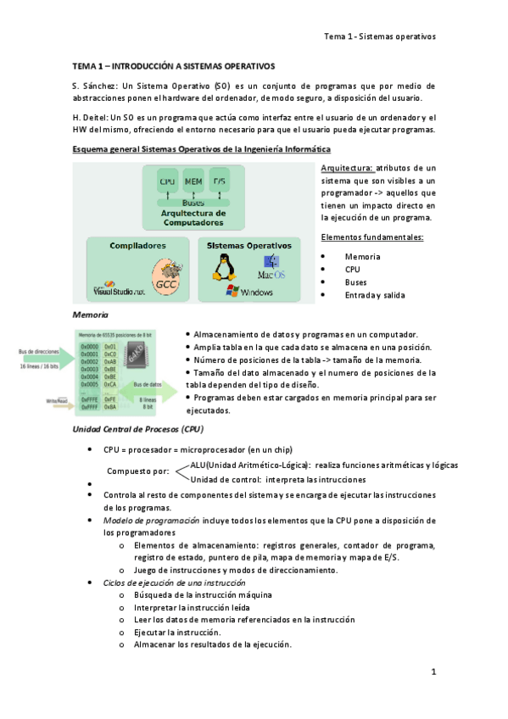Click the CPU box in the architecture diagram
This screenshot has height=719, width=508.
coord(167,182)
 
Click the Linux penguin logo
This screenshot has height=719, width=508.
coord(224,270)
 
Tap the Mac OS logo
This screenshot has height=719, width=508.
coord(271,267)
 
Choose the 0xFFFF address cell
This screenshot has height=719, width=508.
coord(89,407)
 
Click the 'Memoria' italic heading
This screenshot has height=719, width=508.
coord(90,315)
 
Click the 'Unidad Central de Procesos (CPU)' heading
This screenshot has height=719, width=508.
coord(137,430)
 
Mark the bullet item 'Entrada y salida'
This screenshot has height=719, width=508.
coord(375,294)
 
